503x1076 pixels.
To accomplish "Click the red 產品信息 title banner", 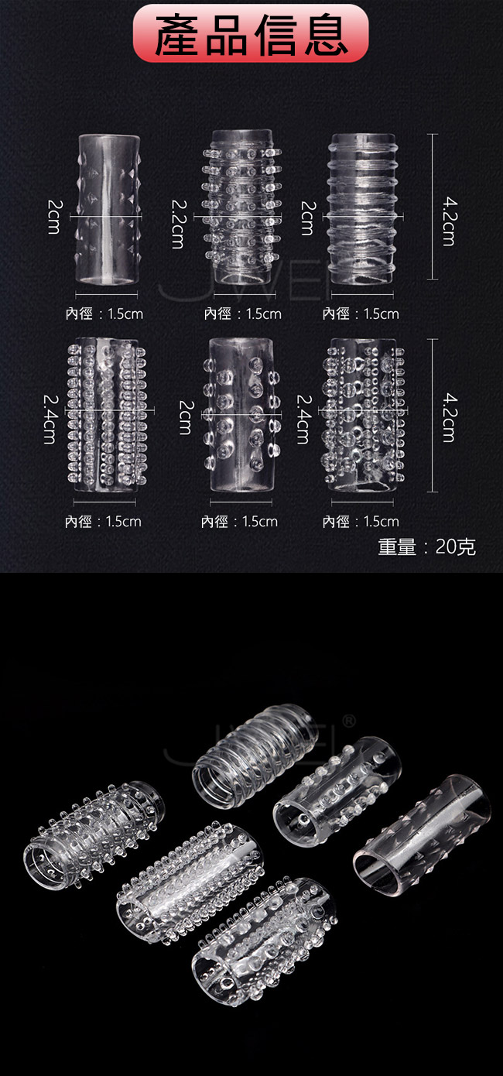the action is [x=250, y=33].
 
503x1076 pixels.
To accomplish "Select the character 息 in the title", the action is [x=325, y=35].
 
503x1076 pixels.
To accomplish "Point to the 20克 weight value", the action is [x=456, y=547].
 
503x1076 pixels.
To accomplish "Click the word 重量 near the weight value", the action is [x=397, y=547].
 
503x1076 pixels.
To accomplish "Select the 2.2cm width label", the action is [x=178, y=224].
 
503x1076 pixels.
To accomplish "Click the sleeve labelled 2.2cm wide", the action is [x=242, y=207].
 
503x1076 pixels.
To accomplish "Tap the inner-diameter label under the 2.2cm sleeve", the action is [x=243, y=314].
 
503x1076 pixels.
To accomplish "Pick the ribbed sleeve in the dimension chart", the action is [x=362, y=209].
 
